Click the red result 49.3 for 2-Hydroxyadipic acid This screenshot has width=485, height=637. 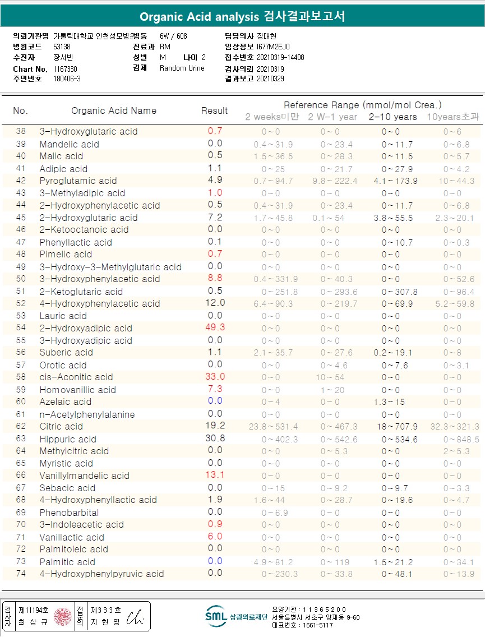(215, 327)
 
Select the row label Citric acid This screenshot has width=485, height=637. (61, 426)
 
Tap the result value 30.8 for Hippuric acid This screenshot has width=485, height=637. (215, 438)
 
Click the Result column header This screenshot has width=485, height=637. (215, 111)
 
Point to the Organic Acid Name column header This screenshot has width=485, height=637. (114, 111)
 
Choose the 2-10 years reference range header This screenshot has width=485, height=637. (392, 117)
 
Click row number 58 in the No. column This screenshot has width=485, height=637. (21, 377)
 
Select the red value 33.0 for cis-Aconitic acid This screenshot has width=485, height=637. (215, 377)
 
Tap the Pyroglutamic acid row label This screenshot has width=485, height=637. (78, 181)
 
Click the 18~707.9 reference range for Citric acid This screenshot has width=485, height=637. (392, 426)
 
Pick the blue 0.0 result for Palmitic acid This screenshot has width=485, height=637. (215, 561)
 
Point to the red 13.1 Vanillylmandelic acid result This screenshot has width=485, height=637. (215, 475)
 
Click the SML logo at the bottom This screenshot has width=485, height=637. (215, 615)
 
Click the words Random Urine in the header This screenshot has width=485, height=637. (182, 68)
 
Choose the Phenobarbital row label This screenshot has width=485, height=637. (69, 513)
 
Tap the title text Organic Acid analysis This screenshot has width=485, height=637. (199, 16)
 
